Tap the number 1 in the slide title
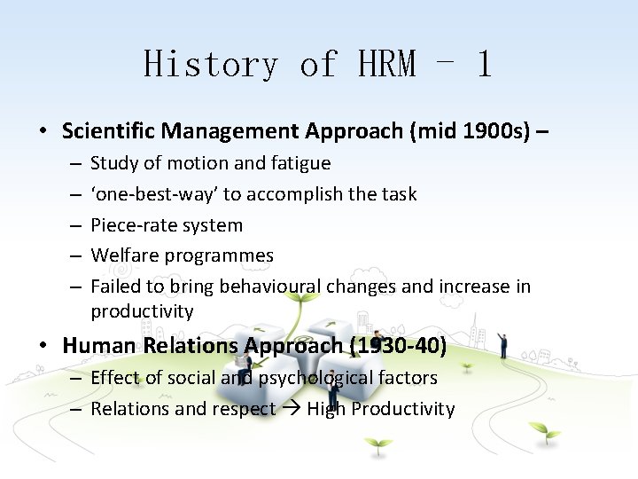[483, 65]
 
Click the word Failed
[115, 287]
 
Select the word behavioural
[270, 287]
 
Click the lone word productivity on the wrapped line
[142, 311]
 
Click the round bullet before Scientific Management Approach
[43, 132]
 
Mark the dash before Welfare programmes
[75, 255]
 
